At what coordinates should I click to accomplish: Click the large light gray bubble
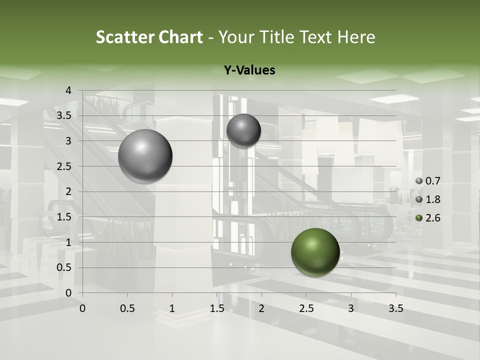(x=145, y=156)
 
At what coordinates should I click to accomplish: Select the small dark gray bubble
(x=243, y=130)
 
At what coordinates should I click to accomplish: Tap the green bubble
(x=315, y=252)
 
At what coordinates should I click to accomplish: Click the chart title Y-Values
(x=249, y=70)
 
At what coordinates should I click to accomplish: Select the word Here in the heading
(x=356, y=37)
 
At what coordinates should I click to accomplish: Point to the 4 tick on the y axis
(x=69, y=90)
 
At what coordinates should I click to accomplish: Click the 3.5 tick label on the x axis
(x=395, y=308)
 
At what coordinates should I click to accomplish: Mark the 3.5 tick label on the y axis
(x=64, y=116)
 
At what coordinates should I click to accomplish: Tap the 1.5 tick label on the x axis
(x=216, y=308)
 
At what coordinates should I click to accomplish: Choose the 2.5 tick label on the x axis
(x=306, y=308)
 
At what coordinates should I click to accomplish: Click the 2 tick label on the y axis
(x=69, y=191)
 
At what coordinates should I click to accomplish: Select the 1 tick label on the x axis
(x=172, y=308)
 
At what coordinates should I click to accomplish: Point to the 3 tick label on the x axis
(x=351, y=308)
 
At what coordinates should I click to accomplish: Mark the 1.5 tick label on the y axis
(x=64, y=217)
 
